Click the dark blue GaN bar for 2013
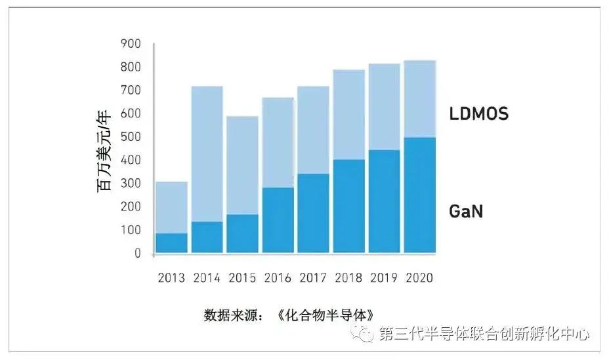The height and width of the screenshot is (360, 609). click(x=171, y=243)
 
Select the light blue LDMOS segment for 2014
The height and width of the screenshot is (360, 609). click(x=207, y=154)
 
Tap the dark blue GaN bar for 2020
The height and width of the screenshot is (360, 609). click(x=419, y=195)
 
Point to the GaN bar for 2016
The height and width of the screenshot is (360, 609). click(x=278, y=220)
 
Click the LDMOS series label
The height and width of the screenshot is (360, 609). click(x=478, y=114)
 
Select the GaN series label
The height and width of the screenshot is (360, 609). click(x=467, y=212)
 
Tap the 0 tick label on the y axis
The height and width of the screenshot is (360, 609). click(x=137, y=253)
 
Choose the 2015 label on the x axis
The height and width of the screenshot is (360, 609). click(x=242, y=278)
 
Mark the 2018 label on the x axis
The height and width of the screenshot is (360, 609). click(x=348, y=278)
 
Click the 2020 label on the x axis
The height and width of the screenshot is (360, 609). click(x=419, y=278)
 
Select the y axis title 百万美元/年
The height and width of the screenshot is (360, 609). click(x=104, y=150)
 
